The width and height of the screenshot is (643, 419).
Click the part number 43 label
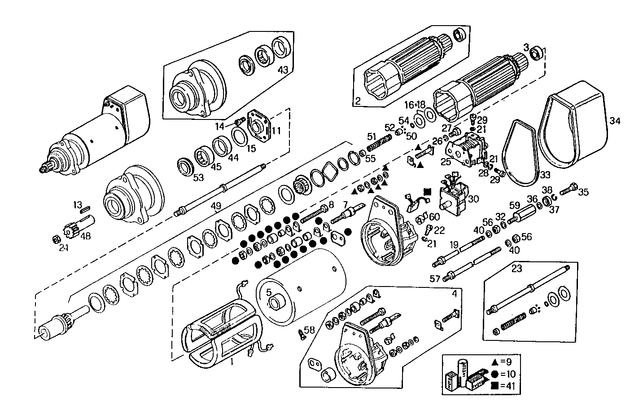point(283,70)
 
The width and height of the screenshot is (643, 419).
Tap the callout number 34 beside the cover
point(615,120)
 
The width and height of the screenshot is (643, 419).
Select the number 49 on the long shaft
point(216,206)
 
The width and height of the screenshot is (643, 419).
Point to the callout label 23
point(517,269)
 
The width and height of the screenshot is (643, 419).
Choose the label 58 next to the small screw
point(310,330)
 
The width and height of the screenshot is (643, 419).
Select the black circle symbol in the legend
point(494,373)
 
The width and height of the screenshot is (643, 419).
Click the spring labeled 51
point(376,145)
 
